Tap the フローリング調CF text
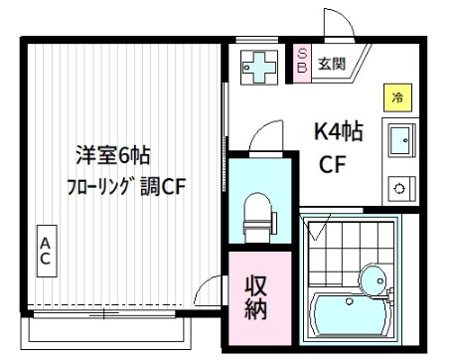tap(126, 186)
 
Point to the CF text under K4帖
tap(332, 164)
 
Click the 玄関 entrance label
tap(332, 65)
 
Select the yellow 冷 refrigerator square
tap(396, 97)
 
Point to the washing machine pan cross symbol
tap(261, 66)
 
